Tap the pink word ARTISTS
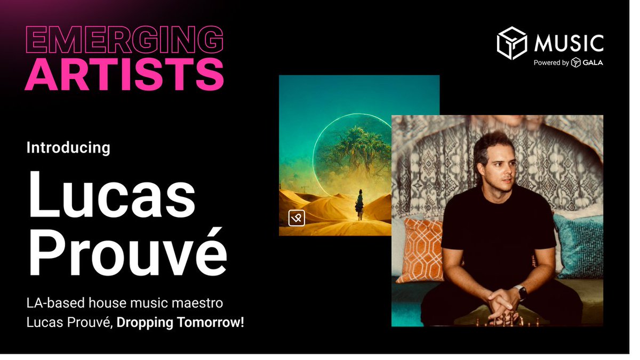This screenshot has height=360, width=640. tap(124, 75)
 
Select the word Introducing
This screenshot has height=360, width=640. tap(68, 147)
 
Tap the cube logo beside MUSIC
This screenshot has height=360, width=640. tap(512, 43)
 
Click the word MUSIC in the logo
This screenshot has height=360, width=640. tap(569, 43)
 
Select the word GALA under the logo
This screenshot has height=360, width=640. tap(593, 63)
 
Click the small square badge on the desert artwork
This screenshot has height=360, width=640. tap(297, 218)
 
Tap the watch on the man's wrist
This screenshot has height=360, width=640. tap(522, 292)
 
